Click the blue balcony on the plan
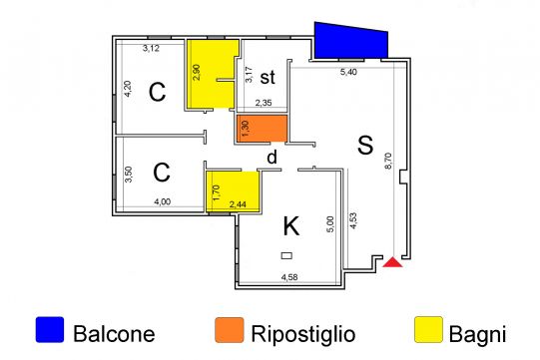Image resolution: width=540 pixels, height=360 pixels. pos(350,41)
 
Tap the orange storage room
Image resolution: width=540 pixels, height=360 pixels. pos(262,129)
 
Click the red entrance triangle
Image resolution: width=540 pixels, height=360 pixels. pos(392,262)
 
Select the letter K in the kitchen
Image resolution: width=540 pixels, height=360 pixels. pos(291,226)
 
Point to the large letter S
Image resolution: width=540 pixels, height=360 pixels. pos(365,145)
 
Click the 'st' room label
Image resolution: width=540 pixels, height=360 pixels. pos(268,77)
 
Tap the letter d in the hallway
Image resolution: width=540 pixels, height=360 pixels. pos(272,158)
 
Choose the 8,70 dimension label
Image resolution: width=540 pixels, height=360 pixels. pos(388,161)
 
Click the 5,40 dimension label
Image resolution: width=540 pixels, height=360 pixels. pos(348,72)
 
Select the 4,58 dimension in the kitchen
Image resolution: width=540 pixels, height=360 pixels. pos(289,277)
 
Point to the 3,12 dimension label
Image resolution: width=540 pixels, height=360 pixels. pos(151,48)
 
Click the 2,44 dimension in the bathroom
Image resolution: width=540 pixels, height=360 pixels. pos(238,204)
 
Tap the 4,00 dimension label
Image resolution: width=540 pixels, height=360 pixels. pos(163,201)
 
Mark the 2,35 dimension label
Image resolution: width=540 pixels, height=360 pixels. pos(264,103)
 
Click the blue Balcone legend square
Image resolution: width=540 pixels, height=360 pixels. pos(50,330)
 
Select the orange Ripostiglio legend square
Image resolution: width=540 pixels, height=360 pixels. pos(230,330)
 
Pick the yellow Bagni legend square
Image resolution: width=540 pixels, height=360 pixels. pos(428,330)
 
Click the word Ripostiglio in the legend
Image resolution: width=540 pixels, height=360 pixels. pos(303,334)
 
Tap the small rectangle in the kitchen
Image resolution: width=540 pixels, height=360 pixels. pos(286,255)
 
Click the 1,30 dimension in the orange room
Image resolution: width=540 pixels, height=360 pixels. pos(246,128)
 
